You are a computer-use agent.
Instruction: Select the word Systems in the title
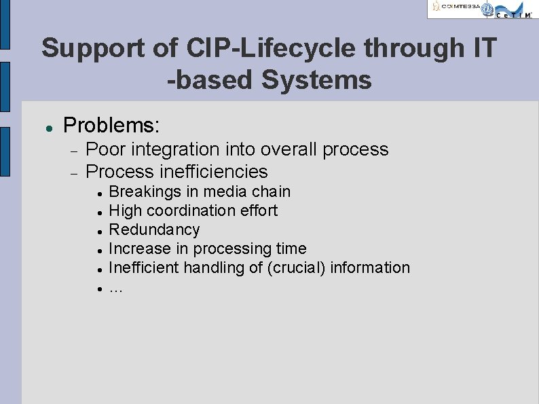(x=316, y=79)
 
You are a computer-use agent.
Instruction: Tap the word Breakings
(x=143, y=192)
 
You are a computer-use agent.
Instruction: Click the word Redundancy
(x=154, y=229)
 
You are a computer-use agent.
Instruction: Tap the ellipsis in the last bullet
(x=115, y=288)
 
